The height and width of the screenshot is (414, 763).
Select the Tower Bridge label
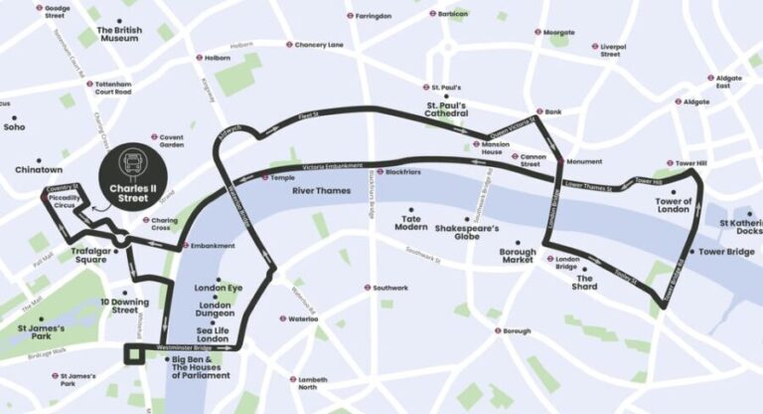pyautogui.click(x=727, y=252)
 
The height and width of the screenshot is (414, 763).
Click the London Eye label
pyautogui.click(x=219, y=288)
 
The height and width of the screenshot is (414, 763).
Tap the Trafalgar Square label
pyautogui.click(x=95, y=256)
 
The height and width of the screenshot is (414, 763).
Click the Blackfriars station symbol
pyautogui.click(x=380, y=172)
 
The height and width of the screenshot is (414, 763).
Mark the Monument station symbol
pyautogui.click(x=559, y=161)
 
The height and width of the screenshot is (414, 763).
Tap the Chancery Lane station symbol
pyautogui.click(x=289, y=45)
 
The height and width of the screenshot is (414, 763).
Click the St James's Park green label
pyautogui.click(x=42, y=331)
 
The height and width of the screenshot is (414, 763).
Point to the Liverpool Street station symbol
pyautogui.click(x=594, y=47)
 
